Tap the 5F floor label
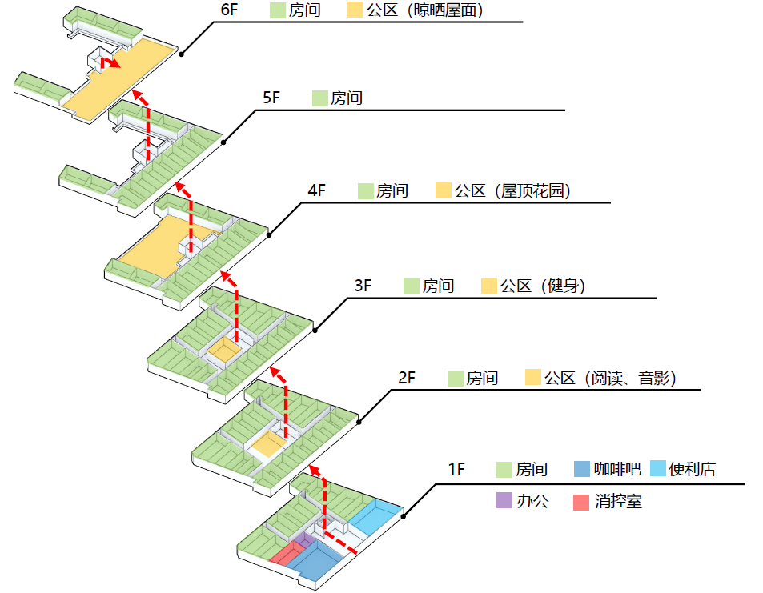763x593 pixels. [x=272, y=98]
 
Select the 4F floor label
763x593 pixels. [x=317, y=191]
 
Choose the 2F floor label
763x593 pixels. [x=407, y=378]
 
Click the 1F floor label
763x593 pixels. [x=456, y=469]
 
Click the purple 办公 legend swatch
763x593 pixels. [x=504, y=502]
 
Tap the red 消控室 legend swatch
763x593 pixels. [x=582, y=502]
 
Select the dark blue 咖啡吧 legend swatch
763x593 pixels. [x=582, y=469]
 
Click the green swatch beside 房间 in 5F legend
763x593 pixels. [x=321, y=98]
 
